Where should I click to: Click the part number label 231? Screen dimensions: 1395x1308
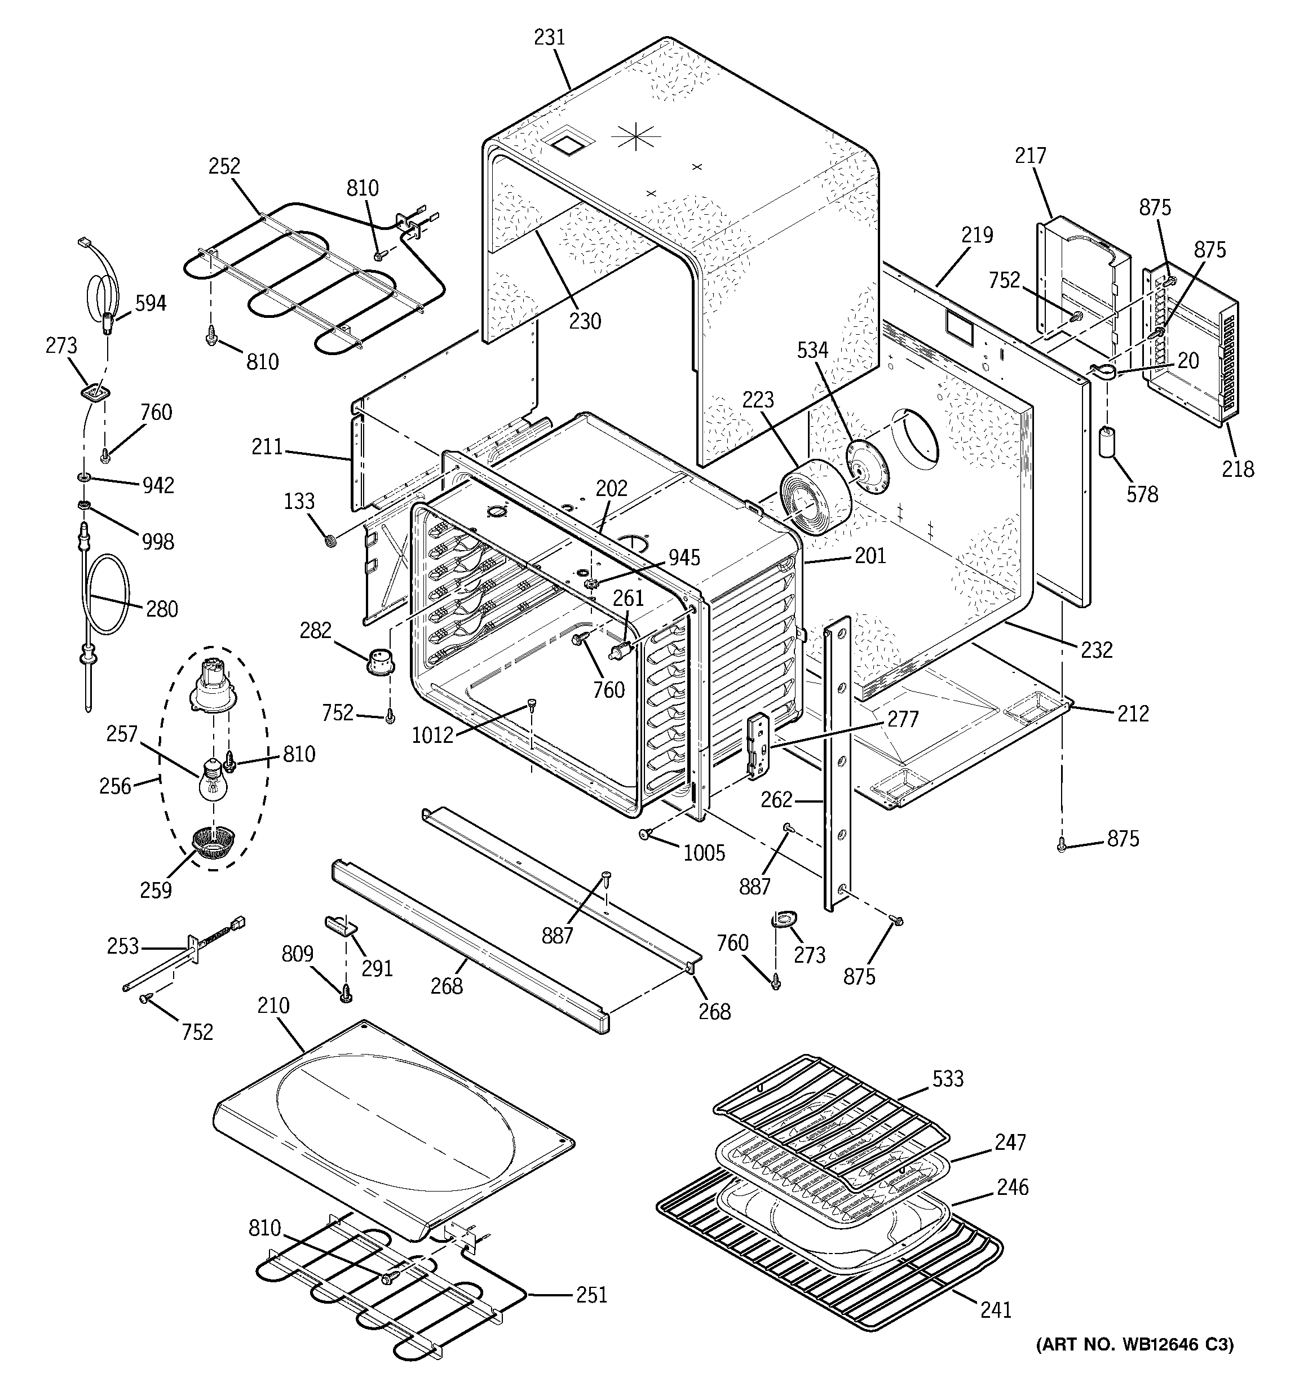tap(549, 37)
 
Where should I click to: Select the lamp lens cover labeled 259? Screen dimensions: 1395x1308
tap(214, 842)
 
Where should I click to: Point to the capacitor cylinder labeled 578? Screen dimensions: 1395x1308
tap(1107, 441)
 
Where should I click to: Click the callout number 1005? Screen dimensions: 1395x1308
tap(704, 853)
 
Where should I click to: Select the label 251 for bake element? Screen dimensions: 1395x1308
tap(591, 1295)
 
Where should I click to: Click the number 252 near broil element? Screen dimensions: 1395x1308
tap(224, 166)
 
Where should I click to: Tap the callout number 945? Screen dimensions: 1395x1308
tap(684, 557)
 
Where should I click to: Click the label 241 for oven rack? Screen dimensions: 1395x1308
tap(996, 1309)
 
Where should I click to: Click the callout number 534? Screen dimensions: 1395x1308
tap(812, 349)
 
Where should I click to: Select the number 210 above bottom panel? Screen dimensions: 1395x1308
tap(273, 1006)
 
